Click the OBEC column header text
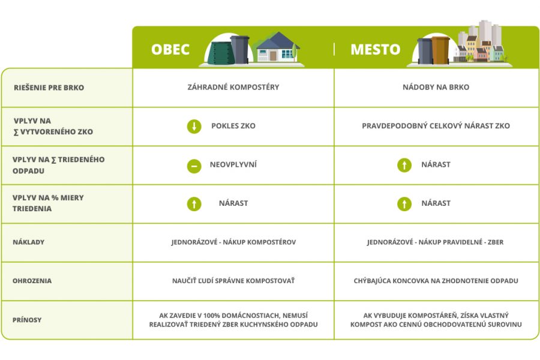(x=170, y=49)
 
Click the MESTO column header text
(x=376, y=49)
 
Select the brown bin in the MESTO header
(x=440, y=50)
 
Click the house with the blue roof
(x=278, y=47)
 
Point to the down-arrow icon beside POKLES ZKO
(x=194, y=127)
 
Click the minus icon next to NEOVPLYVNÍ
(x=194, y=166)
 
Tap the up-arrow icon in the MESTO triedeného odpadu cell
(x=404, y=165)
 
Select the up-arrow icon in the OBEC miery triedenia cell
(x=194, y=203)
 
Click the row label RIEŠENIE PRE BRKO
(x=49, y=88)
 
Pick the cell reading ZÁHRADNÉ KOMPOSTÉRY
(x=233, y=87)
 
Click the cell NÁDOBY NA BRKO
(x=436, y=87)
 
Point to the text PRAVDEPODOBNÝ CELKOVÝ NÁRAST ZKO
(x=436, y=126)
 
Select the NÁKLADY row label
(x=29, y=242)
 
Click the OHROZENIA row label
(x=32, y=281)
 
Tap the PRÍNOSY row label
(x=27, y=320)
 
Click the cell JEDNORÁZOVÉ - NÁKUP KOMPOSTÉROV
(x=233, y=242)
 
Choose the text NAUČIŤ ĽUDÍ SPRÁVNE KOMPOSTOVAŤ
(x=233, y=281)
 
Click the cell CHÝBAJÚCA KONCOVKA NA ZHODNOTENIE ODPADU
(x=436, y=281)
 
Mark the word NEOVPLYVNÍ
(x=233, y=164)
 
